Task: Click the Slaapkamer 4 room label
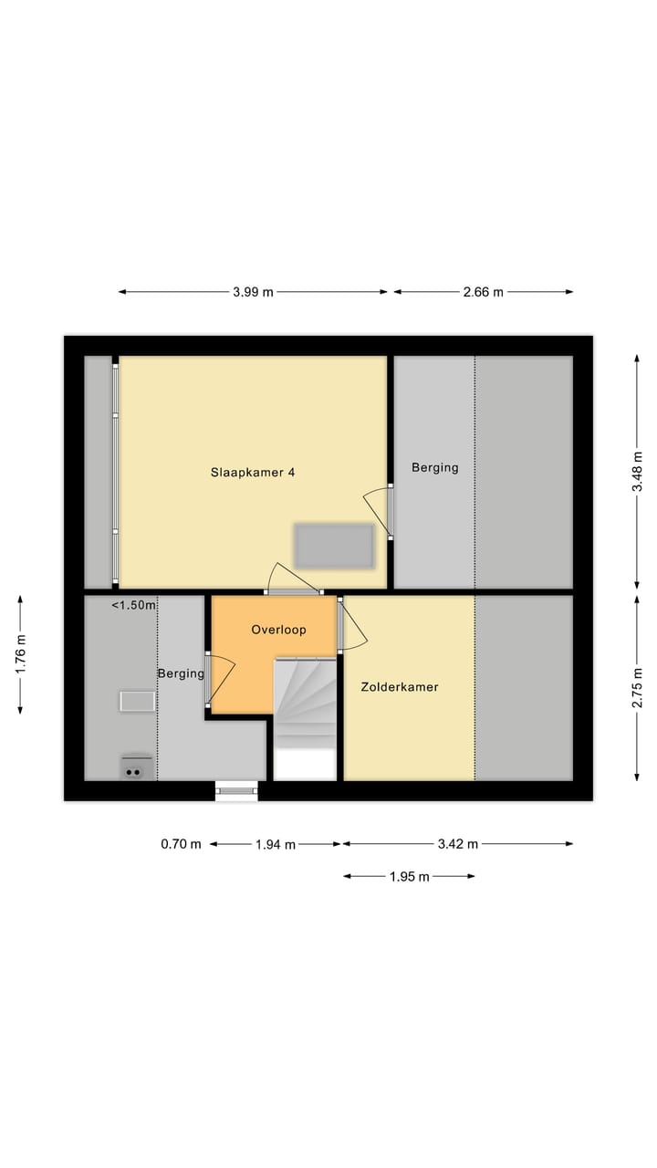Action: (253, 473)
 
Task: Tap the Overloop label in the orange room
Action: (278, 630)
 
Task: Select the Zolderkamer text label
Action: (399, 687)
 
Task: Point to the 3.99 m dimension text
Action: (253, 292)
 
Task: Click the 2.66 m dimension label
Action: (483, 292)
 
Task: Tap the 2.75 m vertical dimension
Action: (637, 687)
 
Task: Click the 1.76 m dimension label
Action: (20, 652)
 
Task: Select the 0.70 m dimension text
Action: (181, 844)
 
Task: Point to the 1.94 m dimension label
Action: (276, 844)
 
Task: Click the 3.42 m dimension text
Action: (458, 844)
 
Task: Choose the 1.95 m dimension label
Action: (409, 877)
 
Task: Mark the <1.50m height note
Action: (134, 605)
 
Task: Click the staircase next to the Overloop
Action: (305, 703)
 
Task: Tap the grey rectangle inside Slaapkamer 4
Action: (333, 545)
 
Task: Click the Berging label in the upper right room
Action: (434, 468)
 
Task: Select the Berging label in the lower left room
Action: (180, 673)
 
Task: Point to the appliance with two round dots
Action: (135, 769)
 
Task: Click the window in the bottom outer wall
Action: (237, 790)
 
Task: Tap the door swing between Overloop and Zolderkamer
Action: (354, 625)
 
